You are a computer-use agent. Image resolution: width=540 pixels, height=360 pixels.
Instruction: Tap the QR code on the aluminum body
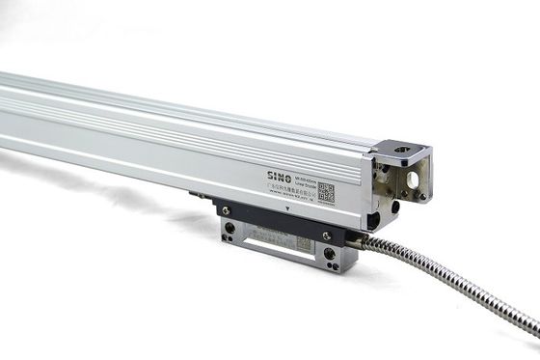point(326,192)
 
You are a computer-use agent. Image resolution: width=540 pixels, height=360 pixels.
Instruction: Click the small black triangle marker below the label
point(288,208)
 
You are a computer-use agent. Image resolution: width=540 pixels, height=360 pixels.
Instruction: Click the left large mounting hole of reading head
point(229,229)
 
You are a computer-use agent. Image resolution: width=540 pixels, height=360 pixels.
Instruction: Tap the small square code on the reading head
point(301,244)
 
